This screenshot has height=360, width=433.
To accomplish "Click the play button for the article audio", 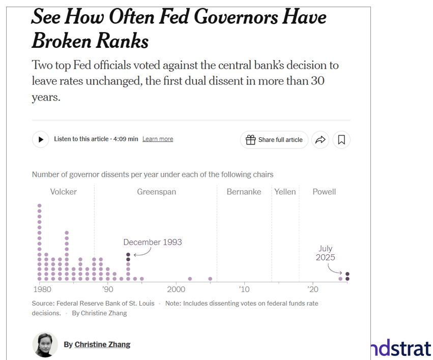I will tap(41, 139).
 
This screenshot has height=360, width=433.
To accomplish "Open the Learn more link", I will tap(158, 139).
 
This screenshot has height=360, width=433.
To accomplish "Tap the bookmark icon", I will tap(341, 139).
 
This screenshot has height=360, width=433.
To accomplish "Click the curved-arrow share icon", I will tap(320, 139).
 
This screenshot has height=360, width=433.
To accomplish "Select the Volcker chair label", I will tap(63, 192).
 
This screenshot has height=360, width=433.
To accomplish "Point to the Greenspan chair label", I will tap(156, 192).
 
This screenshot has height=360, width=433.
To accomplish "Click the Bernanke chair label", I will tap(244, 192).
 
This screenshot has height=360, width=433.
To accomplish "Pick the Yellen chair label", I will tap(285, 192).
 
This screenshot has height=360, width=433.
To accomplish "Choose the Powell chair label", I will tap(324, 192).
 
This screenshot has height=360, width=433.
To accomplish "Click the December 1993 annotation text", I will tap(153, 242).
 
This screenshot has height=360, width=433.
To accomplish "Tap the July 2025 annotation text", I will tap(326, 253).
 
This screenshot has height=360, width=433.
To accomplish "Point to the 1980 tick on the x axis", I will tap(41, 289).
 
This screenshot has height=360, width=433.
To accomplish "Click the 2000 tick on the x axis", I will tap(176, 289).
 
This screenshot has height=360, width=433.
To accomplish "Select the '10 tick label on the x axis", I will tap(244, 289).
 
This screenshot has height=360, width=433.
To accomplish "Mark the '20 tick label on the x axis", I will tap(312, 289).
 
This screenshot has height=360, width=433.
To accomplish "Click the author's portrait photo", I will tap(45, 344).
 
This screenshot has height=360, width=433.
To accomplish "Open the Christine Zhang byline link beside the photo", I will tap(102, 344).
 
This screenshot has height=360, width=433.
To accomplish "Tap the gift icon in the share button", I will tap(250, 140).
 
